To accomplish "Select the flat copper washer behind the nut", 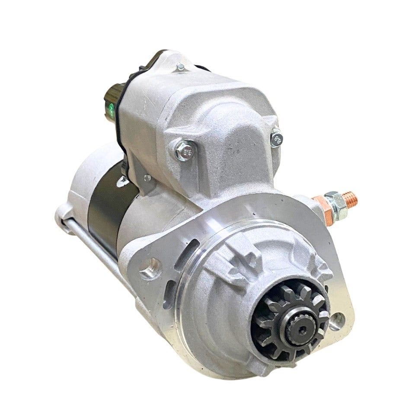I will pos(320,203).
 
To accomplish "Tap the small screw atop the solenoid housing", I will pos(180,67).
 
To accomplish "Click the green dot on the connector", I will pos(112,106).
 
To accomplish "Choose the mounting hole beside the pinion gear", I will pos(337,320).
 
